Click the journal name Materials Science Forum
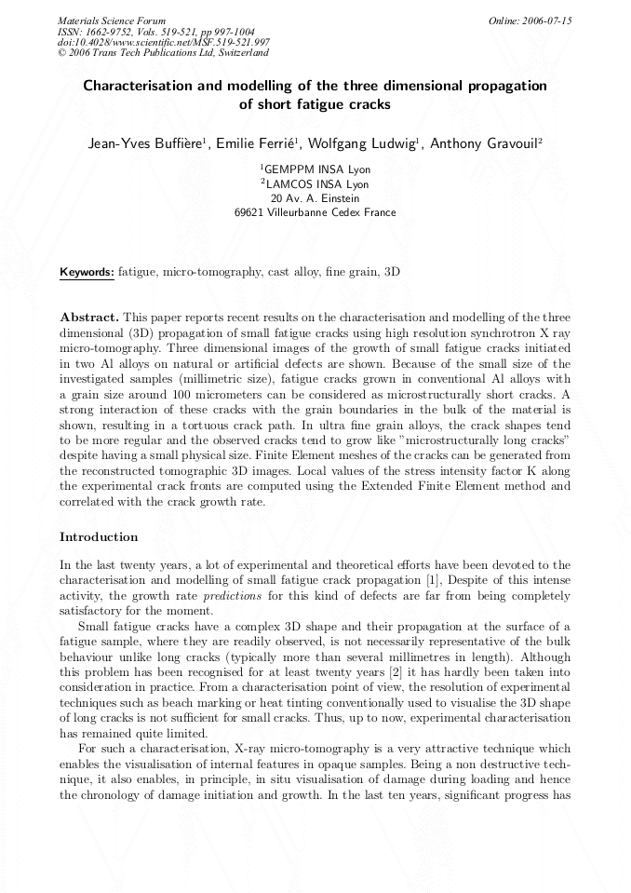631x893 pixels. coord(112,20)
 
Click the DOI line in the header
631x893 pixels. coord(164,42)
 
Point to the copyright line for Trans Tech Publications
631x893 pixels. coord(163,53)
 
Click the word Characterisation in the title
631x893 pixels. coord(144,86)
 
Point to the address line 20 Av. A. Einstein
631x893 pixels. coord(315,198)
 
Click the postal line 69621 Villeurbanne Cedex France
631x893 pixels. coord(315,212)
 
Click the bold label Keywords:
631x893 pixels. coord(87,273)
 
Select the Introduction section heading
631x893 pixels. coord(99,537)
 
